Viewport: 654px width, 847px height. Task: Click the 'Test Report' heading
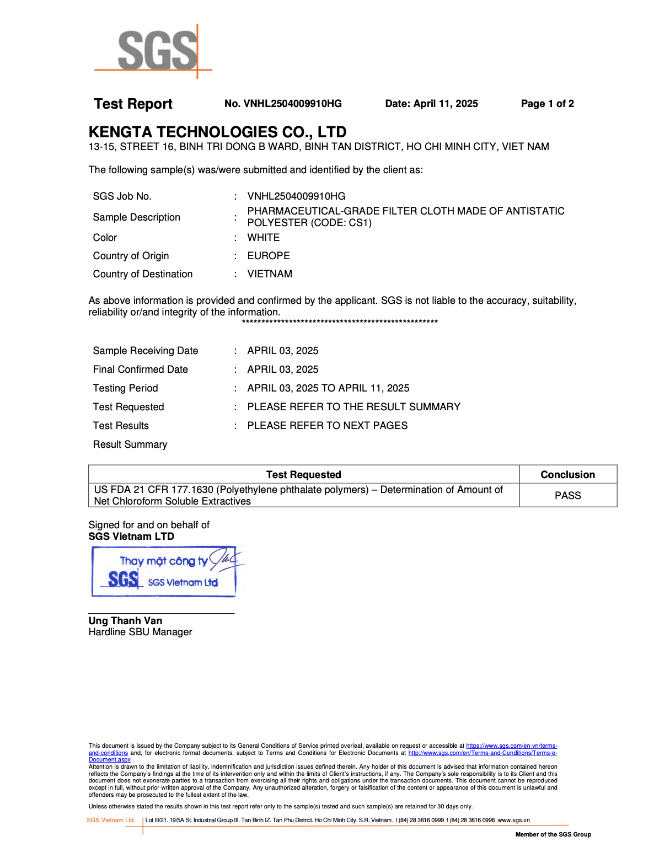click(x=133, y=104)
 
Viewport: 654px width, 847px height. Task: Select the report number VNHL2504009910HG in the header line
click(x=292, y=104)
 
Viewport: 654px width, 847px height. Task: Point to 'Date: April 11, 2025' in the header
click(x=431, y=104)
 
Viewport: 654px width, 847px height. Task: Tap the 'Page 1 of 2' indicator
click(x=547, y=104)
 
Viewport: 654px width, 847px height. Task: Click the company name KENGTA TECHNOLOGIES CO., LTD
click(x=217, y=132)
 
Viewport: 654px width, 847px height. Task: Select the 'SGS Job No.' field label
click(x=122, y=196)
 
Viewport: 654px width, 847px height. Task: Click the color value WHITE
click(x=263, y=238)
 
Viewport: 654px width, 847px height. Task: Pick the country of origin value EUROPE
click(x=268, y=256)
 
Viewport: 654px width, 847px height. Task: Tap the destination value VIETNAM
click(x=270, y=274)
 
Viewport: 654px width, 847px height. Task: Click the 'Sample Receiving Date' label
click(x=145, y=351)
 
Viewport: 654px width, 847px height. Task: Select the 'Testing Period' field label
click(x=125, y=388)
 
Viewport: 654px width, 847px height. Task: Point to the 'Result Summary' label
click(x=130, y=444)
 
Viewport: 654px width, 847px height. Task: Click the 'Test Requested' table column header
click(x=303, y=475)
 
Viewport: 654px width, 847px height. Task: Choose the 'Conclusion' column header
click(x=567, y=475)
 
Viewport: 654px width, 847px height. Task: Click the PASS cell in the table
click(x=567, y=495)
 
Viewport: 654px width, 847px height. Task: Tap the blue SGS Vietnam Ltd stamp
click(x=164, y=572)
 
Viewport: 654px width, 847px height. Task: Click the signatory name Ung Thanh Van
click(x=125, y=621)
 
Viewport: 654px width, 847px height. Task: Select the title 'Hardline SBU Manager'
click(x=140, y=632)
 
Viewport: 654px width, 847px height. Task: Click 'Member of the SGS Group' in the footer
click(x=553, y=834)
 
